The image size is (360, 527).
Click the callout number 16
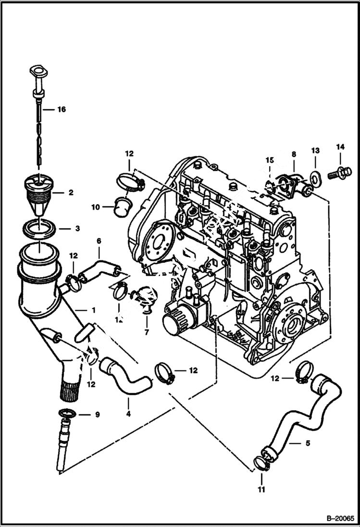[x=61, y=110]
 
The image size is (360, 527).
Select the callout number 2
[x=70, y=193]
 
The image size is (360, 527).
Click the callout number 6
[x=99, y=240]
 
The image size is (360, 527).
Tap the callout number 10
[x=96, y=207]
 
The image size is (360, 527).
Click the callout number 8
[x=294, y=154]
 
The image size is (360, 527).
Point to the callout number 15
[x=269, y=159]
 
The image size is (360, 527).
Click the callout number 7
[x=147, y=332]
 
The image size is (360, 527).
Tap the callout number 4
[x=128, y=413]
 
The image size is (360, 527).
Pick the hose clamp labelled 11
[x=261, y=464]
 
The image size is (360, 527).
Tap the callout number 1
[x=93, y=310]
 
